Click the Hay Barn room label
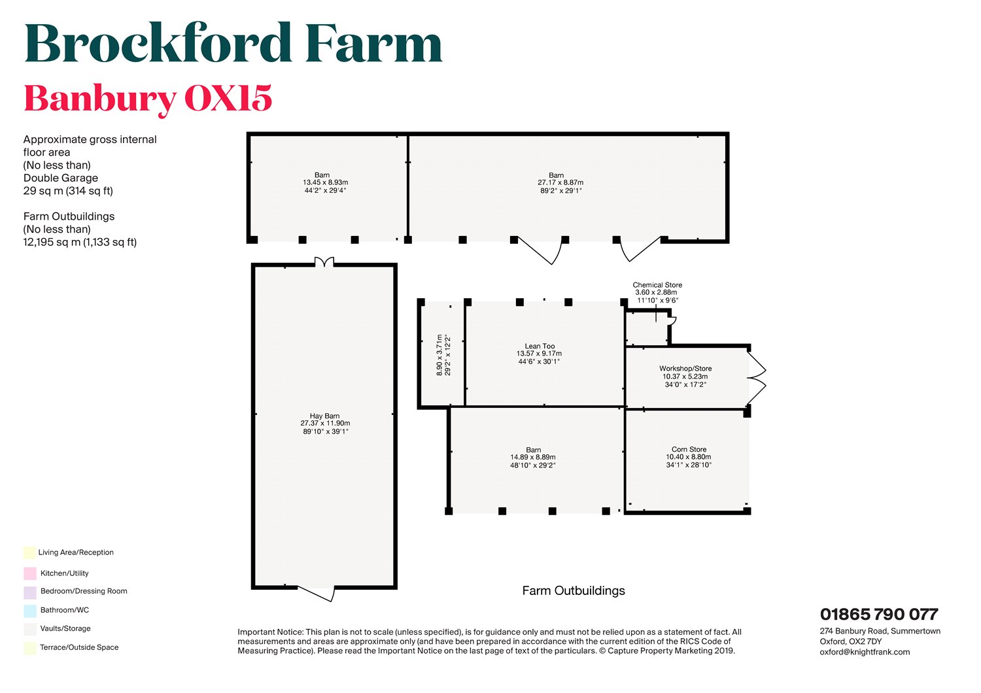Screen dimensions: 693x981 (325, 416)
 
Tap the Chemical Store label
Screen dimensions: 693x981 (657, 285)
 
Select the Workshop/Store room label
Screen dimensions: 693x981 (685, 369)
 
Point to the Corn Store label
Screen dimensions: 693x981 (689, 449)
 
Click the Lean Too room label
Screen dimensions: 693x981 (540, 346)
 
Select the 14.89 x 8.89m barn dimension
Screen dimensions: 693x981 (533, 458)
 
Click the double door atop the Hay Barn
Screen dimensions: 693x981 (324, 262)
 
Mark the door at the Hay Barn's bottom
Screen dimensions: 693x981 (317, 594)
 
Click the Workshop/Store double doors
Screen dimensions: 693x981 (757, 378)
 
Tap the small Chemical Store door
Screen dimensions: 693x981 (672, 320)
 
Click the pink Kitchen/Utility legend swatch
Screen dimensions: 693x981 (30, 573)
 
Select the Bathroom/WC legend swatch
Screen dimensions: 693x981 (30, 611)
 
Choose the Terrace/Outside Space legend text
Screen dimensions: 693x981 (79, 647)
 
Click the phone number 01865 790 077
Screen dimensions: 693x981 (879, 615)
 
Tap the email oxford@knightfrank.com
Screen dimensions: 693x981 (865, 652)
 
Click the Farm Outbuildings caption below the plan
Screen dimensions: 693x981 (574, 591)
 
